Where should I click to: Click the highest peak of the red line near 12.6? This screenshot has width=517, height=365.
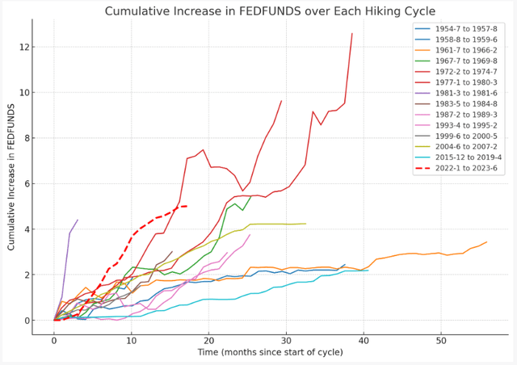(352, 34)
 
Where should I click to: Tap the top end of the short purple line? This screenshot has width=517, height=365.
(78, 220)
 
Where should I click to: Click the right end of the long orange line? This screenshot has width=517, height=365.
(486, 241)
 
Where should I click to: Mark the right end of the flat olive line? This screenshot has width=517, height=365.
(306, 224)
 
